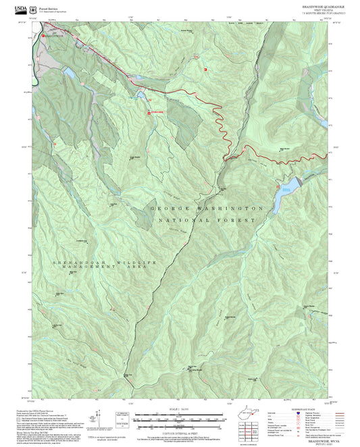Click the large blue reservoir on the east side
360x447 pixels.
(x=285, y=194)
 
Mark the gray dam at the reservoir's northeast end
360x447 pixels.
(x=297, y=180)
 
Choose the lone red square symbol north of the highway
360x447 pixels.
(x=206, y=68)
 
